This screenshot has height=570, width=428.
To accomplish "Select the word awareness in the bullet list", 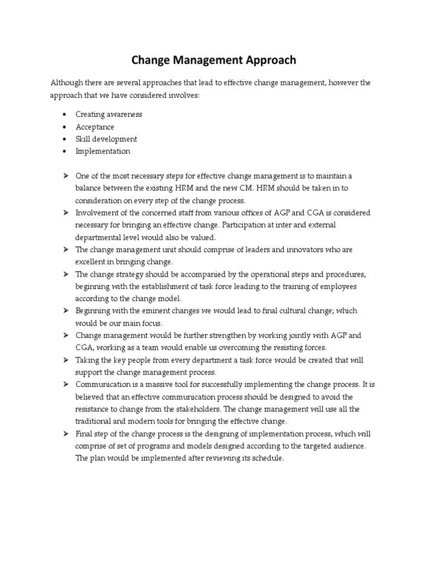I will [124, 114].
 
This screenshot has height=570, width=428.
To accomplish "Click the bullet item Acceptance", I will [95, 127].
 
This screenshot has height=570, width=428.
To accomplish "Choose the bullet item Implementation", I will [103, 151].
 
